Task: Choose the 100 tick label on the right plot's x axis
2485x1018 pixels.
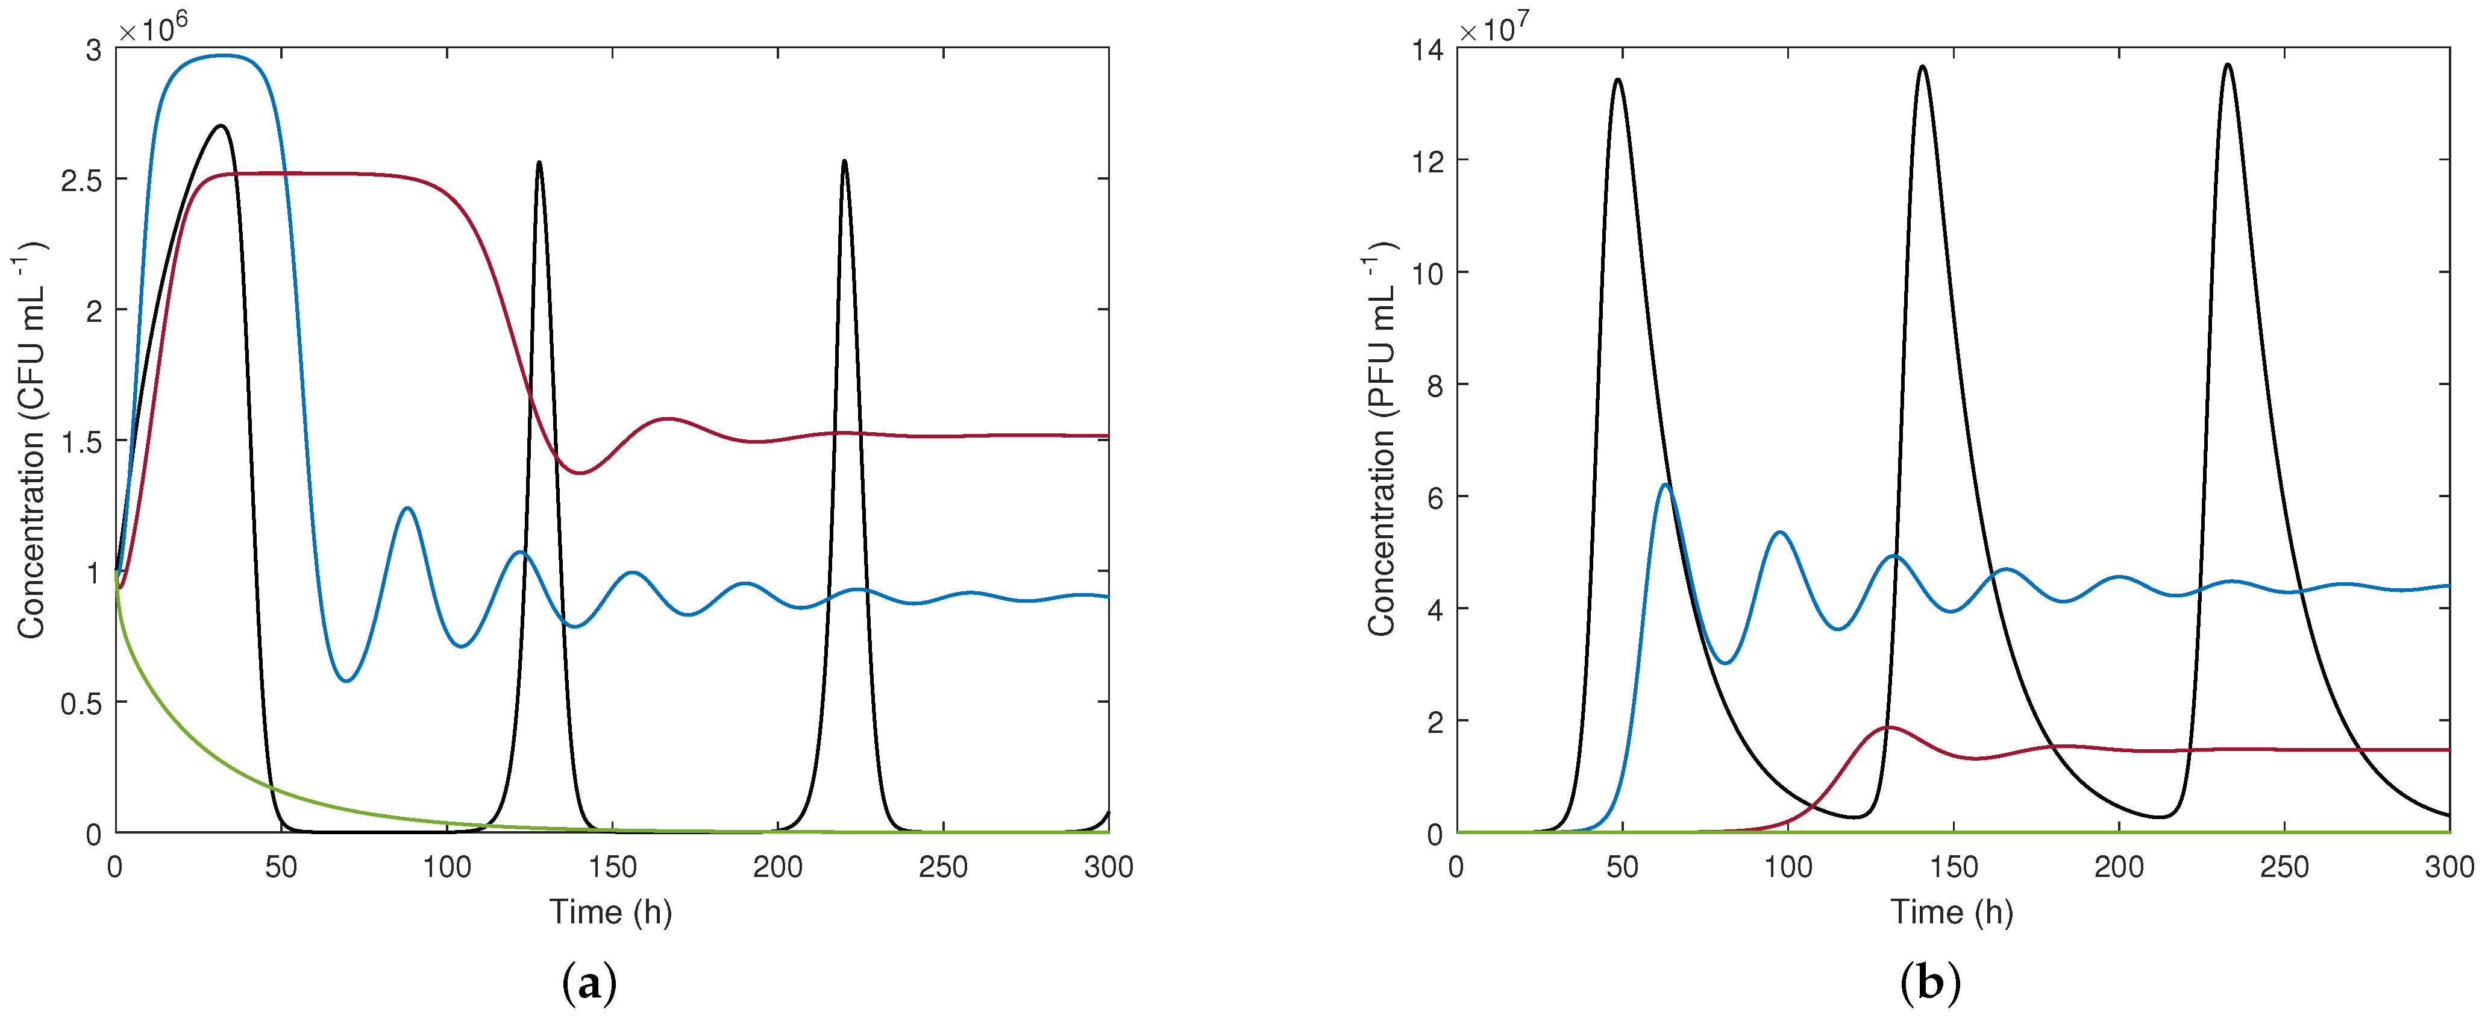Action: [1788, 867]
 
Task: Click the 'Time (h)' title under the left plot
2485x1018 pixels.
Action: [610, 912]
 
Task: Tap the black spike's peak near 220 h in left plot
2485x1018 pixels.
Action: [844, 161]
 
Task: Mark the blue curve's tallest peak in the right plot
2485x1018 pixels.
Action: [1664, 485]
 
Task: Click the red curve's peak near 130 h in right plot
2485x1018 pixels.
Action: [1888, 727]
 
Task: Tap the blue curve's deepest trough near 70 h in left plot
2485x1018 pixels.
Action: [347, 681]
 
